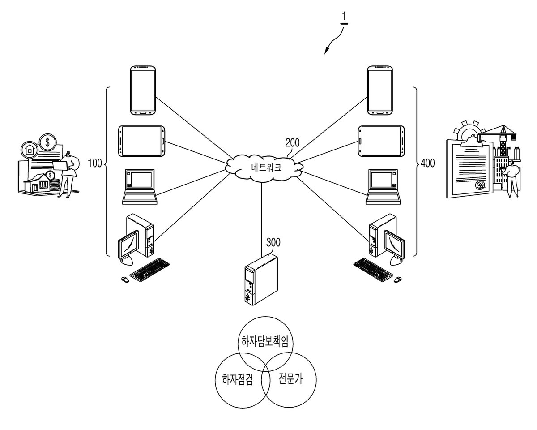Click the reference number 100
pos(95,163)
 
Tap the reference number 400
pos(427,163)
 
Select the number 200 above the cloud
pos(292,143)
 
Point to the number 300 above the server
pos(273,242)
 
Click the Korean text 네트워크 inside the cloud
pos(266,168)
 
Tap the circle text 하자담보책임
pos(264,341)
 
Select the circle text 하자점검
pos(237,379)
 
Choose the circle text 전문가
pos(290,378)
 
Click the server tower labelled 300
pos(261,280)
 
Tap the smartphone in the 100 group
pos(143,90)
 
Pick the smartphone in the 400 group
pos(380,90)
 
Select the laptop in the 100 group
pos(140,187)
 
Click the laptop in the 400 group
pos(383,187)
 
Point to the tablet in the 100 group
pos(141,141)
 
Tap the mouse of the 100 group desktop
pos(125,279)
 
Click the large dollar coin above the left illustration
pos(48,142)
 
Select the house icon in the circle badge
pos(30,150)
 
